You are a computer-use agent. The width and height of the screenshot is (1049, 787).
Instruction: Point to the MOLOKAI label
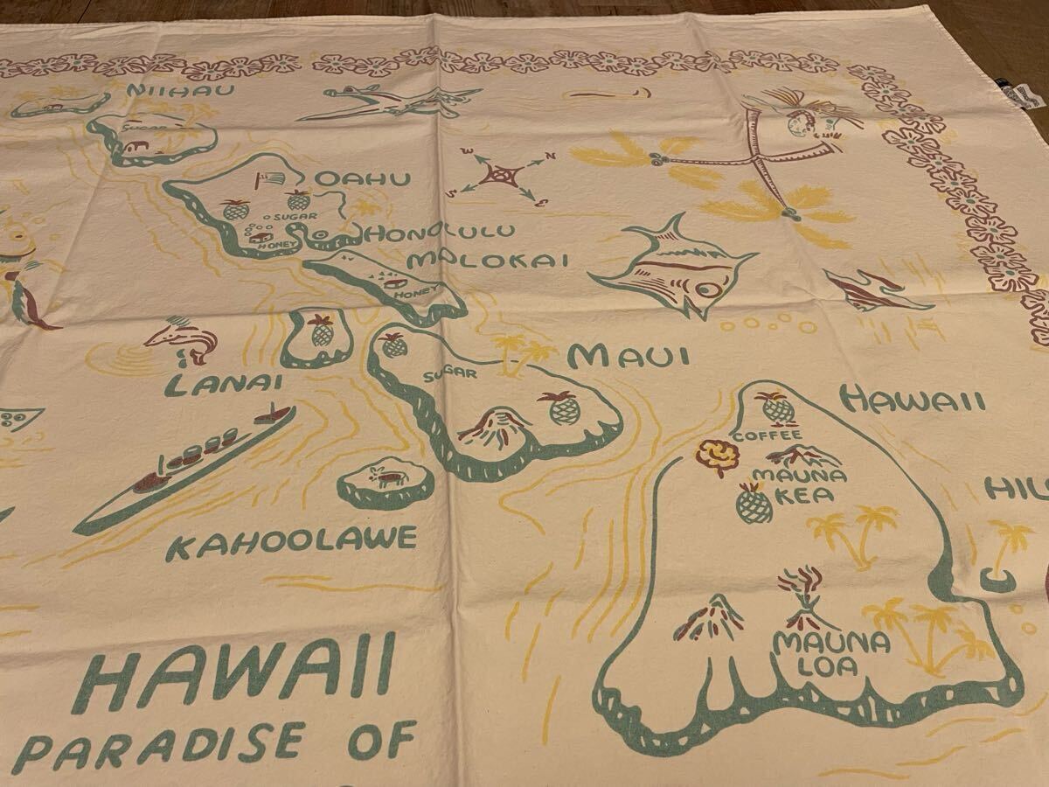point(490,259)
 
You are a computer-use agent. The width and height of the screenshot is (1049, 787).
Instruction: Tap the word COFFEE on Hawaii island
point(768,435)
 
